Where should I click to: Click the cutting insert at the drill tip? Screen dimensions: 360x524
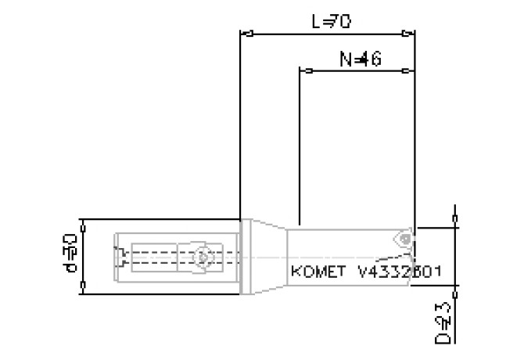click(x=404, y=236)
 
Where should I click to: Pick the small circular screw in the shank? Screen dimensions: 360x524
click(x=203, y=256)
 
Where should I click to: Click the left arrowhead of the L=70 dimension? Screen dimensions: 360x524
click(x=246, y=34)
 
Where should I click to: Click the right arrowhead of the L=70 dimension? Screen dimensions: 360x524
click(x=409, y=34)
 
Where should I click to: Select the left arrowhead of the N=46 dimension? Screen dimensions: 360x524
click(x=306, y=71)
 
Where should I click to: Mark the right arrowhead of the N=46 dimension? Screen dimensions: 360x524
click(x=409, y=71)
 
